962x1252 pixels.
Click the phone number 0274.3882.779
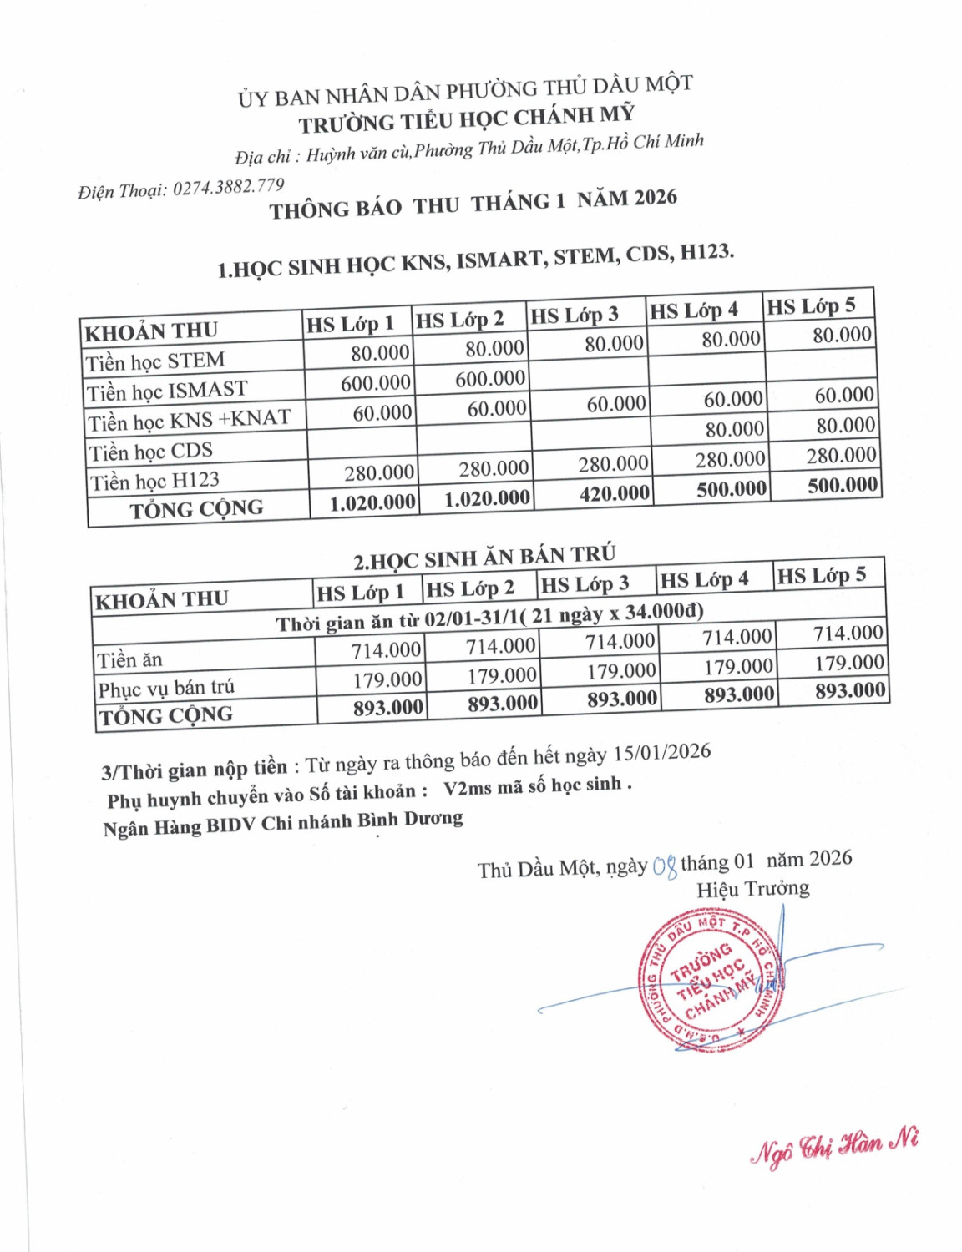228,187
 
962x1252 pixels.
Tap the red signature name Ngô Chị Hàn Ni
834,1145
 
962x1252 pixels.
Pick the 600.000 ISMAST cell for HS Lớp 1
375,383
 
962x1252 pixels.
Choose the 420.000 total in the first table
614,493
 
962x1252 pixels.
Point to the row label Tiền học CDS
151,452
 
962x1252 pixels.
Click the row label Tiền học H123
154,482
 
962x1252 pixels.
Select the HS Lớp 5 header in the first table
811,306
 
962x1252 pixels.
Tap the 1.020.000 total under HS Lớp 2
487,499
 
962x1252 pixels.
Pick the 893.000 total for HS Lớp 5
849,691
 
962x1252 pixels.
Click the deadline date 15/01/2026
661,752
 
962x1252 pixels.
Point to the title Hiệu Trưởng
752,889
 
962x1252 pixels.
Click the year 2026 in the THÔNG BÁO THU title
655,198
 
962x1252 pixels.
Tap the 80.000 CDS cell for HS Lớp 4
734,429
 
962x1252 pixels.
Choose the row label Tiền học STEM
155,361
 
